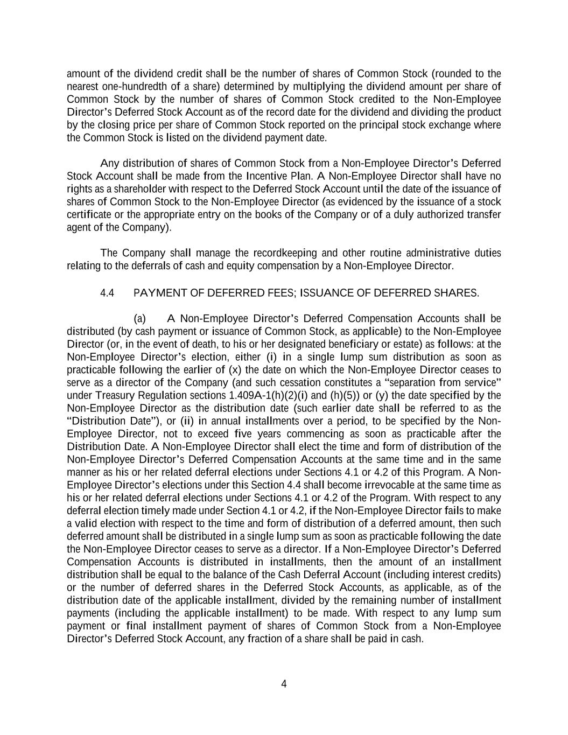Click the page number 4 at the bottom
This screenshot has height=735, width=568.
284,684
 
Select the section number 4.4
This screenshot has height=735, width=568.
107,293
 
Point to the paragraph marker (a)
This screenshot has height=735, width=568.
139,319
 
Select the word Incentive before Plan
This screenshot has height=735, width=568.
268,176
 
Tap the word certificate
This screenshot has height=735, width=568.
89,215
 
